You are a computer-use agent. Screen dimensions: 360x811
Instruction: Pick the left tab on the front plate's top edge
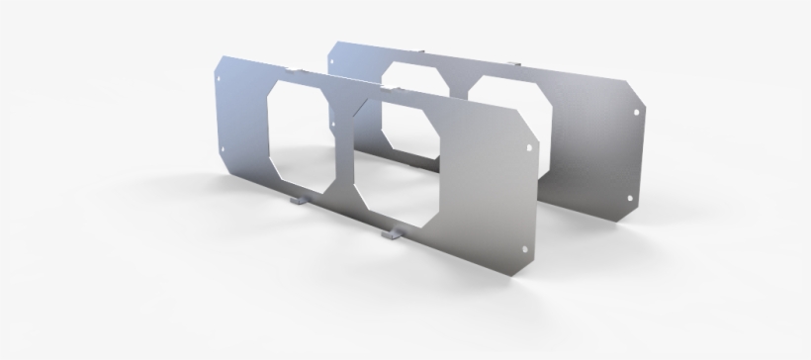295,68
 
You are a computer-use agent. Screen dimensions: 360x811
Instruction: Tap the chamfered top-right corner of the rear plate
638,84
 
